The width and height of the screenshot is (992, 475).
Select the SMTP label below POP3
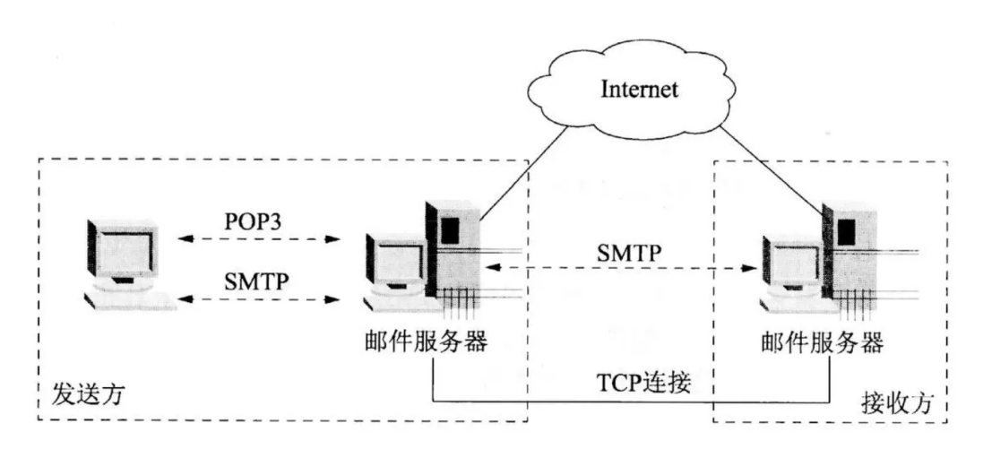[x=257, y=280]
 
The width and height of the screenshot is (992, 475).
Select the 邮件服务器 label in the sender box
[x=421, y=341]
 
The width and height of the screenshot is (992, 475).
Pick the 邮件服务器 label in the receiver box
[x=822, y=341]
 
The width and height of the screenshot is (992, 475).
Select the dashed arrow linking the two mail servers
[x=618, y=268]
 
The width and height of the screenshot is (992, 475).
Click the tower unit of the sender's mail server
[x=455, y=251]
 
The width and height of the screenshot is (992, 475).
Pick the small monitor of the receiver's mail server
[x=790, y=265]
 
